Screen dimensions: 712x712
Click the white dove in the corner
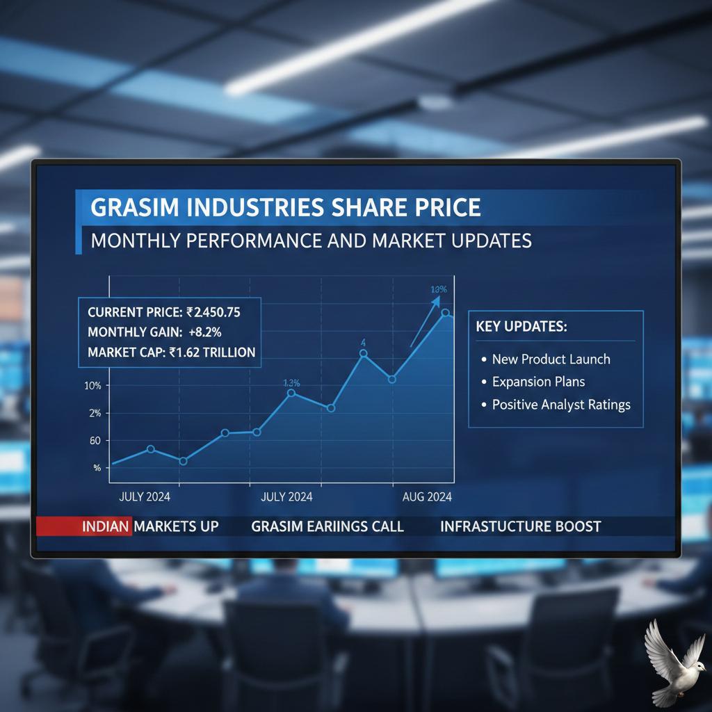pos(670,661)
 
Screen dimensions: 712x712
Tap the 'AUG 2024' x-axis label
pos(427,497)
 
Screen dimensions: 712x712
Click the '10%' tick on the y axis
pos(93,386)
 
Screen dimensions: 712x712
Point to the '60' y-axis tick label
pos(95,441)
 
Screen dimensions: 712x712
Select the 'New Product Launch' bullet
pos(551,359)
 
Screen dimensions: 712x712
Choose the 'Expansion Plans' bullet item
pos(538,382)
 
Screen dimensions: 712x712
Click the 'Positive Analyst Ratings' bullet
pos(560,404)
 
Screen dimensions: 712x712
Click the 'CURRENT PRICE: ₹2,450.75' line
pos(164,311)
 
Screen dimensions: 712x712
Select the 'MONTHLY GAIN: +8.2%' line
pos(154,332)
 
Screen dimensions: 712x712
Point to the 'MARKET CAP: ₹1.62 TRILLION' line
pos(171,353)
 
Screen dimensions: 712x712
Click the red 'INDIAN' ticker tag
pos(106,526)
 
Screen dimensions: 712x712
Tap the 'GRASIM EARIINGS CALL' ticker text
pos(327,526)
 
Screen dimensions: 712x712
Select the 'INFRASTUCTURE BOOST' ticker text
pos(520,526)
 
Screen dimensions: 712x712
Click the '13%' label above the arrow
pos(438,289)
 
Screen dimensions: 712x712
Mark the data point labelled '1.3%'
pos(291,394)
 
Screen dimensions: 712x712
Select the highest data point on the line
pos(446,314)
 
